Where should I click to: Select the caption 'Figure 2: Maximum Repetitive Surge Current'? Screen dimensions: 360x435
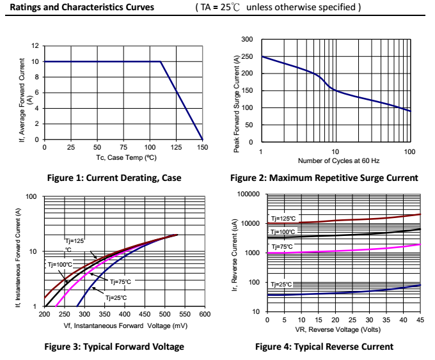[324, 178]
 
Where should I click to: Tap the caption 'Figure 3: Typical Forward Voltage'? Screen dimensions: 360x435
[113, 347]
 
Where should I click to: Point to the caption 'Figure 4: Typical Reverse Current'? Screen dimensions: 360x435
[324, 347]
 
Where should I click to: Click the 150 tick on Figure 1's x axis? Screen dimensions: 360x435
[202, 147]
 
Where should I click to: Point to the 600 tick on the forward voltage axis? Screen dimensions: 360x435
[205, 315]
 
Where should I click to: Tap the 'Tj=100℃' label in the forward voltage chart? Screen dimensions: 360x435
[60, 263]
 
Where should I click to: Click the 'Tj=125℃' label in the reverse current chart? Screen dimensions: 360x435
[283, 218]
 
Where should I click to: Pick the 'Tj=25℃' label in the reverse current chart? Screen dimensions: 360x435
[281, 284]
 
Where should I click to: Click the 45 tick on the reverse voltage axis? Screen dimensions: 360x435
[420, 319]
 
